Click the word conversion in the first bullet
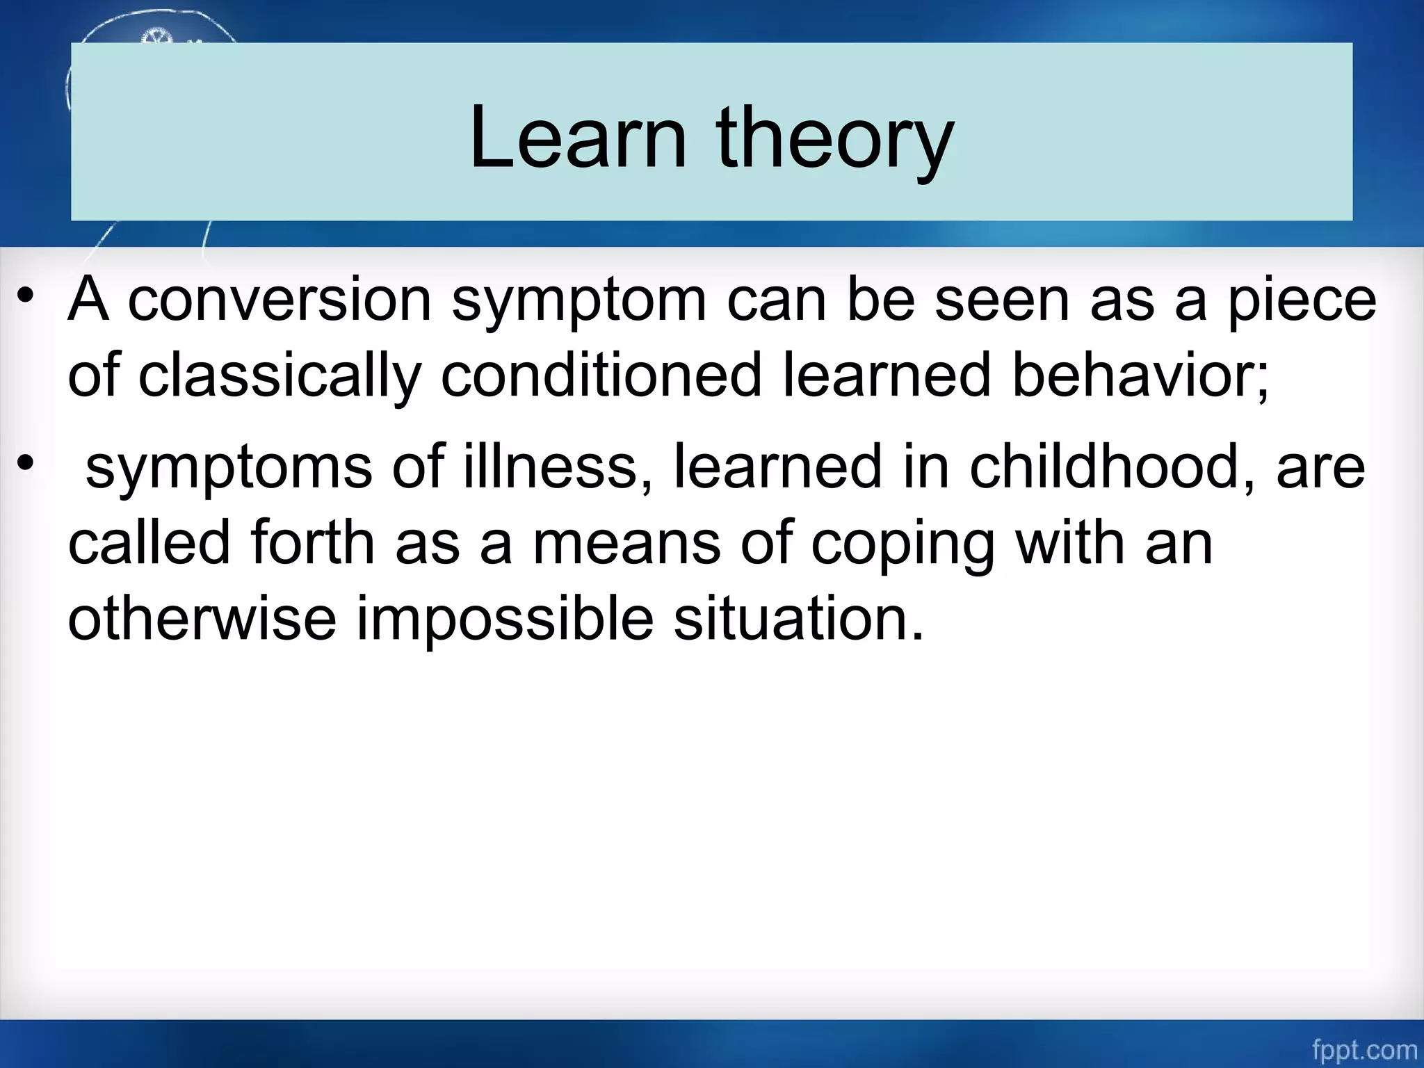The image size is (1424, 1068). [280, 300]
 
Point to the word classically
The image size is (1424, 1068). [280, 376]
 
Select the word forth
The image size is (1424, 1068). [313, 543]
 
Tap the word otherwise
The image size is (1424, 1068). [202, 618]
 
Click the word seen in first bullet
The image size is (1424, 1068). [1002, 300]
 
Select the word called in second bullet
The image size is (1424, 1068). [149, 543]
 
